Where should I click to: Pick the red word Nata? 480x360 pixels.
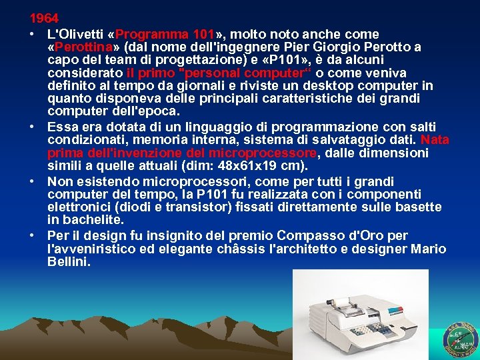tap(435, 140)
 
